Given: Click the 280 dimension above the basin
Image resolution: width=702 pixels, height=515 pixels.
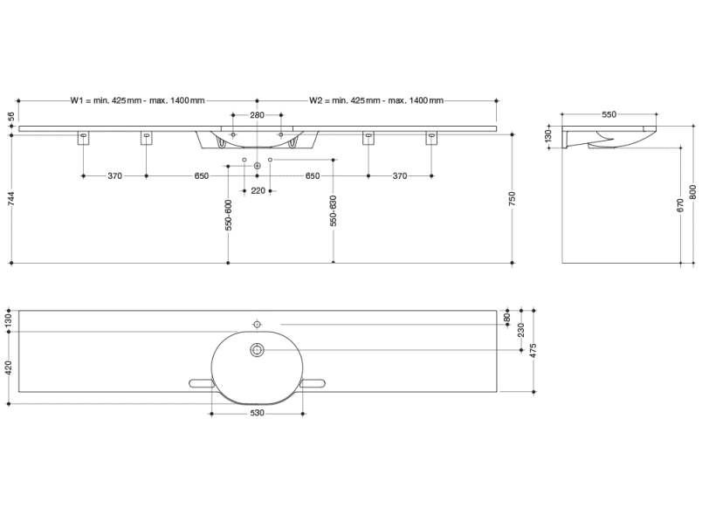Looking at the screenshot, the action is pyautogui.click(x=257, y=115).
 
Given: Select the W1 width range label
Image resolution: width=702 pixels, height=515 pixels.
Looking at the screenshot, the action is pyautogui.click(x=137, y=100).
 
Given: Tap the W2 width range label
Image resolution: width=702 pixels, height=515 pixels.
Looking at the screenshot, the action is pyautogui.click(x=376, y=100).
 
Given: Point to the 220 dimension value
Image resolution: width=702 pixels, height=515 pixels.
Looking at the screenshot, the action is pyautogui.click(x=258, y=191).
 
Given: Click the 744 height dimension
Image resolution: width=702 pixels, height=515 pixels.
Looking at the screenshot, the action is pyautogui.click(x=11, y=199).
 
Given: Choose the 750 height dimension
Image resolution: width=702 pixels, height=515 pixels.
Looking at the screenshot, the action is pyautogui.click(x=513, y=199).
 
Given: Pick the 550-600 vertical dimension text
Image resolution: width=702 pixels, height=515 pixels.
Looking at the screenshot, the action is pyautogui.click(x=229, y=216).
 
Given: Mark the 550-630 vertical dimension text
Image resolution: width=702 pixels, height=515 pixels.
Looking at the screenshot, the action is pyautogui.click(x=333, y=210).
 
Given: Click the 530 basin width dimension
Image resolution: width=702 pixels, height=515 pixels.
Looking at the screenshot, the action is pyautogui.click(x=257, y=413).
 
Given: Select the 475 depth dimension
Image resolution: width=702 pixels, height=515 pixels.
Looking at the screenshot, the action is pyautogui.click(x=533, y=351).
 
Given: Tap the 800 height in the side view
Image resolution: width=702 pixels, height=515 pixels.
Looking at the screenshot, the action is pyautogui.click(x=693, y=192).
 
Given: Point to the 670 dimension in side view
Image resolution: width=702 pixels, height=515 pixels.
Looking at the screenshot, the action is pyautogui.click(x=680, y=205).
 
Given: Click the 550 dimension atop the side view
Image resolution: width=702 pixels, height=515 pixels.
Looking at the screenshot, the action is pyautogui.click(x=609, y=114).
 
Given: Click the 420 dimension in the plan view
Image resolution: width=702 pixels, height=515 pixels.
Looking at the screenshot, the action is pyautogui.click(x=9, y=367).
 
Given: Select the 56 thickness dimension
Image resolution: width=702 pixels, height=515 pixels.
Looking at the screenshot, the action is pyautogui.click(x=11, y=116).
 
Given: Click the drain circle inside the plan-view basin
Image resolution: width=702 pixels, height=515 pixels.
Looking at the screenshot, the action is pyautogui.click(x=257, y=350).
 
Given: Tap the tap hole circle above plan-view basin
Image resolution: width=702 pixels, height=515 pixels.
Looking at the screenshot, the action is pyautogui.click(x=257, y=324).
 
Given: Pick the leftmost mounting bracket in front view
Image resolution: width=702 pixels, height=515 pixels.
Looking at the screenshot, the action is pyautogui.click(x=84, y=138).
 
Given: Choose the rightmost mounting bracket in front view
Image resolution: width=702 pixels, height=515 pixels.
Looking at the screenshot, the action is pyautogui.click(x=431, y=138).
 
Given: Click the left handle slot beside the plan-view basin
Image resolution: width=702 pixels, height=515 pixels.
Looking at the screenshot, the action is pyautogui.click(x=202, y=383).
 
